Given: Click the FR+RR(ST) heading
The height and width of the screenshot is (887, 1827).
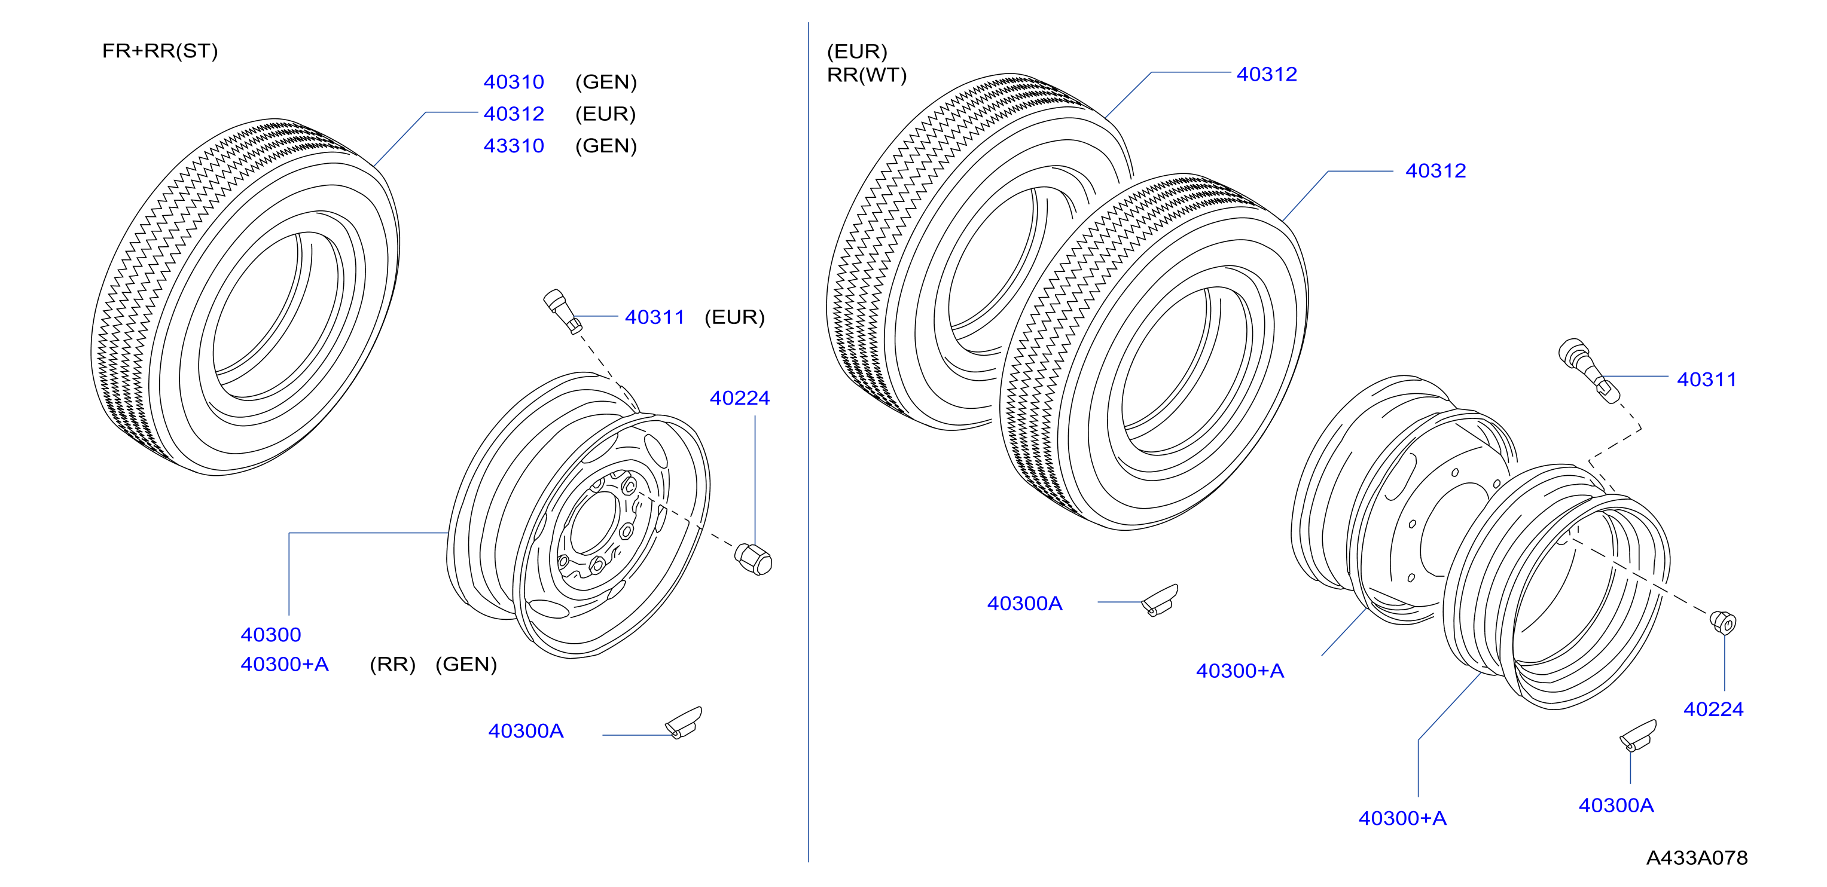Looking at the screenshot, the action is coord(160,51).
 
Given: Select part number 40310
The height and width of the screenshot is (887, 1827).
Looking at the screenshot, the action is coord(514,82).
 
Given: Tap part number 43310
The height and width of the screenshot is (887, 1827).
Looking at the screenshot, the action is coord(514,146).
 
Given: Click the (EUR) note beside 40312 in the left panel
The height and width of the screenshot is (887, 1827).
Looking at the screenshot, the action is coord(606,114).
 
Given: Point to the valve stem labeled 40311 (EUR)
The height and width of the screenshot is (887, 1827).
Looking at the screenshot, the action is coord(563,311).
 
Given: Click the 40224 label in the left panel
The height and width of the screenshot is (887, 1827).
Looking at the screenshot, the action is coord(740,399).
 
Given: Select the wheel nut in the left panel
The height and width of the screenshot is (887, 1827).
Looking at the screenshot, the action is coord(753,559).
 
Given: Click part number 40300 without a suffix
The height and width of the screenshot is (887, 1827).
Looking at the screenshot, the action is coord(271,635).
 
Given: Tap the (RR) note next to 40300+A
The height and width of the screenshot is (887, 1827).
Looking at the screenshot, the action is coord(392,665).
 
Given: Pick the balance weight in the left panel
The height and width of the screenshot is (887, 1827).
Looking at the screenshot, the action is coord(684,723).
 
